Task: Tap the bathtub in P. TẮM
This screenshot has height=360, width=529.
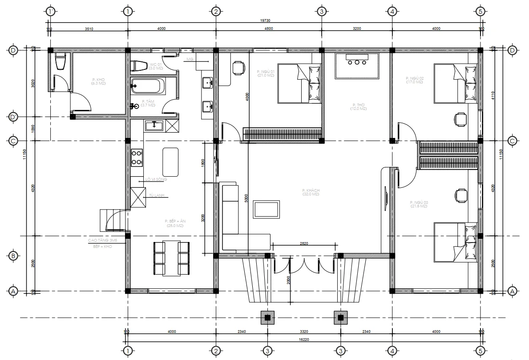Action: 148,85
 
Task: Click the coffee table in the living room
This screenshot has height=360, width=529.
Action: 267,209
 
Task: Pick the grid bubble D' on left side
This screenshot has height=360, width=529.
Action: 13,117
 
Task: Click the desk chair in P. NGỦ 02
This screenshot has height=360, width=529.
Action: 460,119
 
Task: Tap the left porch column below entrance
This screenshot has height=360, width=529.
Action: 267,318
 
